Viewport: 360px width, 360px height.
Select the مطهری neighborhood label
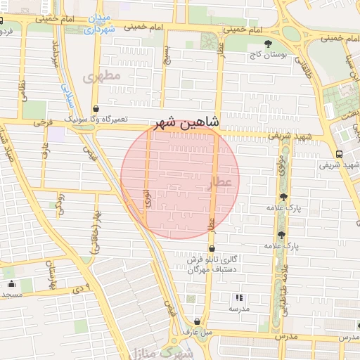click(x=103, y=75)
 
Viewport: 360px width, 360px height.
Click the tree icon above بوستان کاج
click(x=268, y=44)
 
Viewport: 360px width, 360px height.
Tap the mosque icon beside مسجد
click(x=12, y=284)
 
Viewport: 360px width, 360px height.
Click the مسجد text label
click(x=13, y=294)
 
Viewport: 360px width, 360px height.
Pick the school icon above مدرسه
click(x=239, y=298)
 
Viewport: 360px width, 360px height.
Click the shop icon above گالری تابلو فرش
click(x=212, y=248)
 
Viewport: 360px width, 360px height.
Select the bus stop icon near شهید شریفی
click(x=340, y=153)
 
